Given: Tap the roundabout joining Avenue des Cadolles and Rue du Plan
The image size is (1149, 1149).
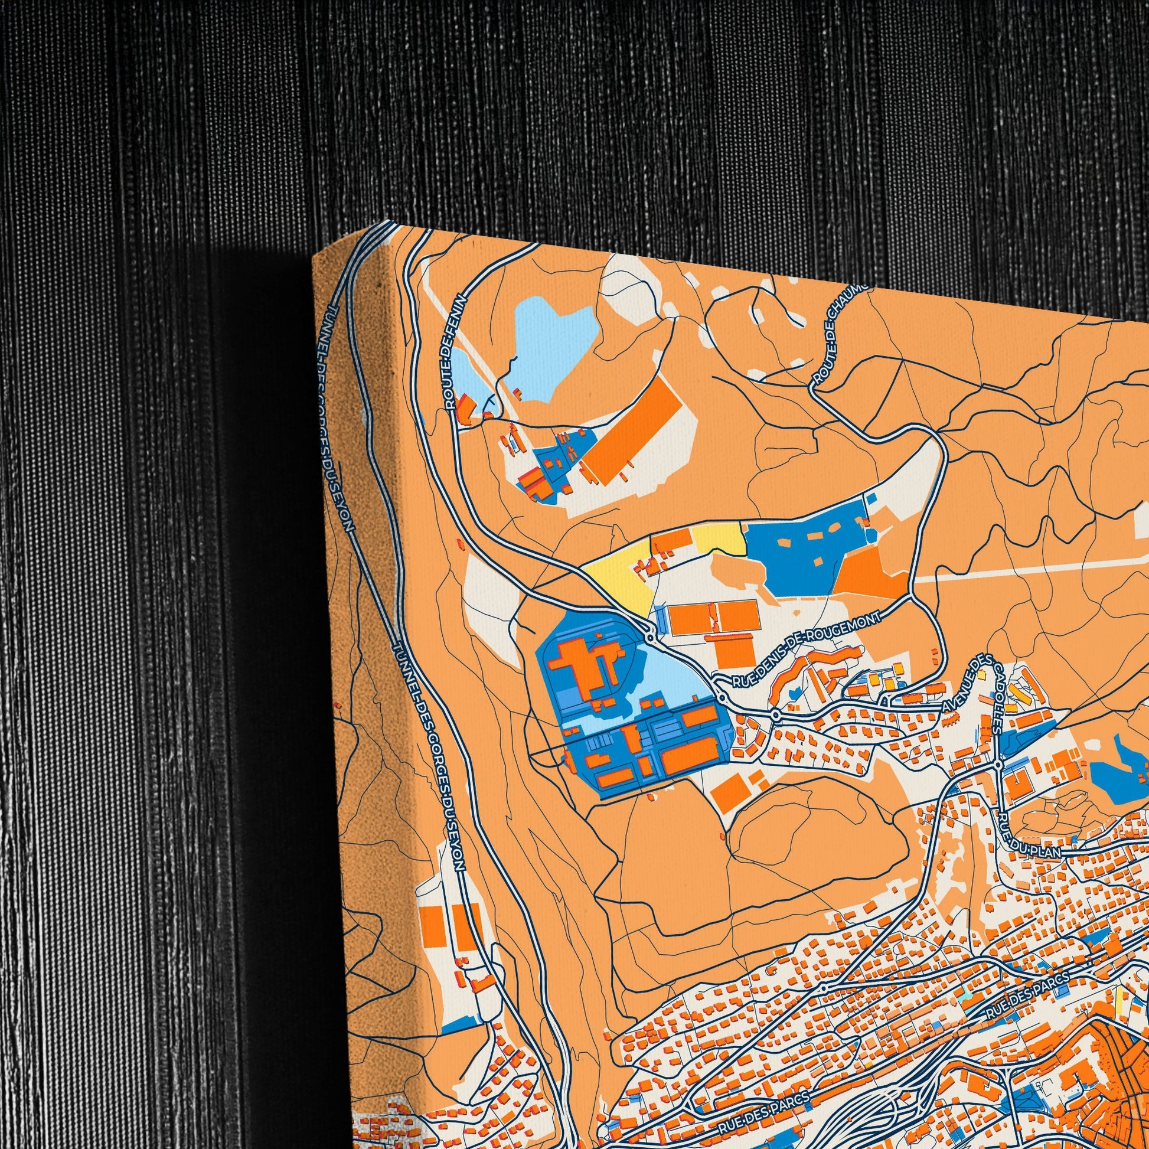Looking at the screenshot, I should (998, 764).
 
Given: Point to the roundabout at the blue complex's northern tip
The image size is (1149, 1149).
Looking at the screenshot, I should (651, 638).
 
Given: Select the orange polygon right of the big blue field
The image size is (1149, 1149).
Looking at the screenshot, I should (871, 574).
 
